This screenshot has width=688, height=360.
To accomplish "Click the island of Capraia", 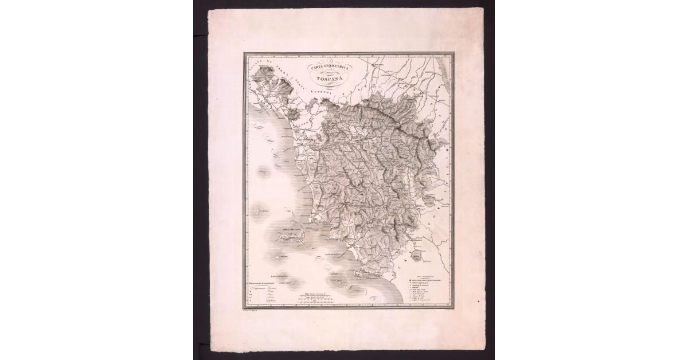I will (x=260, y=213).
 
